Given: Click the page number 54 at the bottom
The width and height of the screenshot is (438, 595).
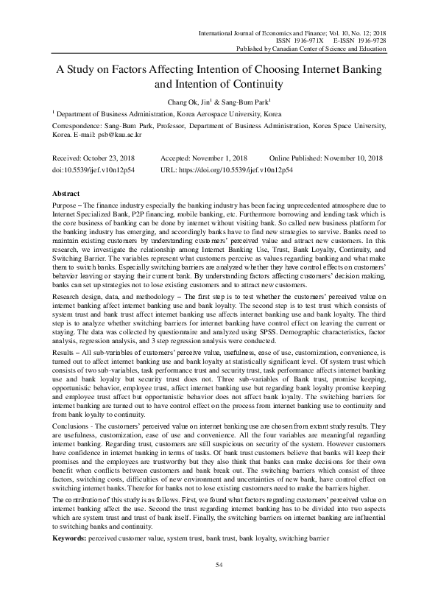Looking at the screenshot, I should tap(219, 564).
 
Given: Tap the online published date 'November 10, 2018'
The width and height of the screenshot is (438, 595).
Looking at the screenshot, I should tap(349, 159).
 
